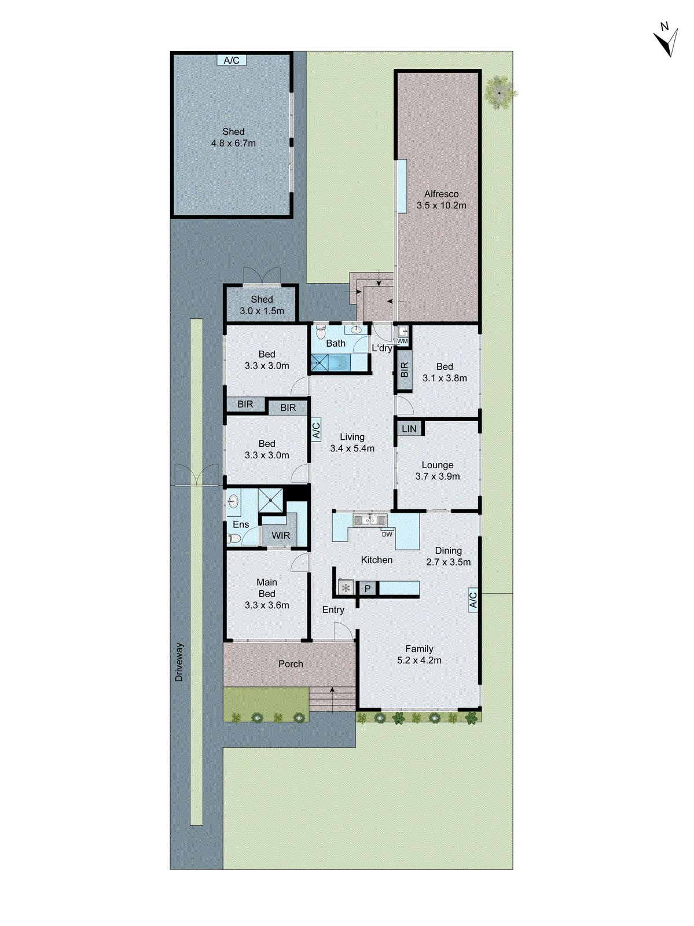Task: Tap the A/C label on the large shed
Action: tap(232, 60)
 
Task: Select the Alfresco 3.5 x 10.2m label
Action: tap(441, 200)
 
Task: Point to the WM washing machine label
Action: tap(402, 341)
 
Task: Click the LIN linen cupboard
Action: tap(409, 429)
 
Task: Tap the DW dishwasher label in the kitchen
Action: tap(387, 534)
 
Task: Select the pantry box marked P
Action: tap(368, 589)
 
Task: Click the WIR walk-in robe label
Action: tap(281, 536)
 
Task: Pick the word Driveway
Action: tap(179, 662)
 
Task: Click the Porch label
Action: tap(291, 664)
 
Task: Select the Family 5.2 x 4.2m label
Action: tap(419, 655)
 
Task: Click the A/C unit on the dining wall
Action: tap(473, 600)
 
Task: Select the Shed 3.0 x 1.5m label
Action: tap(262, 305)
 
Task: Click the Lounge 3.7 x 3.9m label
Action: tap(438, 471)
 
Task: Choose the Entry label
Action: tap(333, 610)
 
